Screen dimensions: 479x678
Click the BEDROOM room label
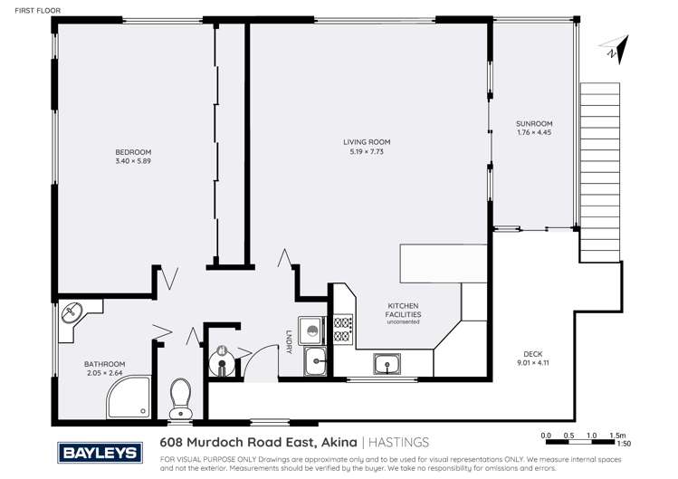pyautogui.click(x=132, y=151)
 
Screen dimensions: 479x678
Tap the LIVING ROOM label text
pyautogui.click(x=366, y=142)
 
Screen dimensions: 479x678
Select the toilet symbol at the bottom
pyautogui.click(x=181, y=397)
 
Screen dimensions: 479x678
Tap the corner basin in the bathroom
pyautogui.click(x=70, y=315)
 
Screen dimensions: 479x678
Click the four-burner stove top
pyautogui.click(x=343, y=329)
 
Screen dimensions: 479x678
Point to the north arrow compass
pyautogui.click(x=616, y=49)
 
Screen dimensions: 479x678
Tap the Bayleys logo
pyautogui.click(x=98, y=450)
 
